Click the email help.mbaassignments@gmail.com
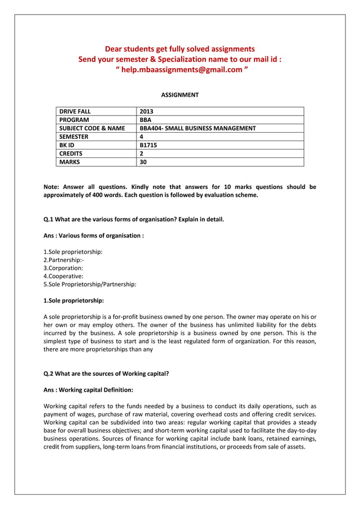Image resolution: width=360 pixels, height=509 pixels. [181, 69]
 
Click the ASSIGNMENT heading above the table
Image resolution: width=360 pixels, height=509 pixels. [180, 95]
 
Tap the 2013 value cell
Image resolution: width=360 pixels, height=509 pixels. [146, 112]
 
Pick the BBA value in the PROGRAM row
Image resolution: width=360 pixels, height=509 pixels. [146, 120]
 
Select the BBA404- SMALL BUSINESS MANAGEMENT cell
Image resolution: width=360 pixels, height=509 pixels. [197, 129]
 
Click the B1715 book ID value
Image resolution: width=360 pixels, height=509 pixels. [148, 145]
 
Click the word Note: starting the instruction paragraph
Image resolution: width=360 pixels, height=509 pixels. [52, 187]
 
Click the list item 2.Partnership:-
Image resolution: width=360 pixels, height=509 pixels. [64, 260]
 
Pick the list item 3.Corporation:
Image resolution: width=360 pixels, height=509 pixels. [63, 268]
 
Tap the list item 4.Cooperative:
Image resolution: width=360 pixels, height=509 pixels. [63, 277]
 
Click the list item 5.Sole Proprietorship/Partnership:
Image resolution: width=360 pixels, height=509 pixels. [90, 285]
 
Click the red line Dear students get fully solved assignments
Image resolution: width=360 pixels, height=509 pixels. [180, 49]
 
